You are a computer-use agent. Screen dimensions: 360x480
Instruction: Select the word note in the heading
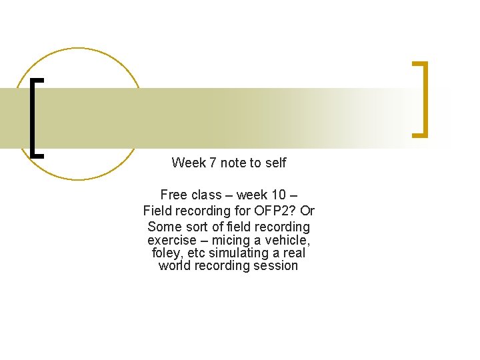(x=233, y=163)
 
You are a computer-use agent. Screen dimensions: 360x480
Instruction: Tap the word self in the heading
(x=275, y=163)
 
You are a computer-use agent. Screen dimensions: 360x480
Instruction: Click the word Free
(x=174, y=195)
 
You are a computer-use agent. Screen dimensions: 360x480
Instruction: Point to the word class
(x=205, y=195)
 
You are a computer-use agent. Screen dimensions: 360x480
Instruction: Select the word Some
(x=164, y=227)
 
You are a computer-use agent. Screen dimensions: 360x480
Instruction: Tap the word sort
(x=198, y=227)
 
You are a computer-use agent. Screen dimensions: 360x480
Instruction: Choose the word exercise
(x=172, y=240)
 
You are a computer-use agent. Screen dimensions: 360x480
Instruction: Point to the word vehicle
(x=287, y=240)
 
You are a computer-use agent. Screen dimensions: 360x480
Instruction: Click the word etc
(x=196, y=253)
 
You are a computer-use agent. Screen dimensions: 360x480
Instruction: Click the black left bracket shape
(x=33, y=117)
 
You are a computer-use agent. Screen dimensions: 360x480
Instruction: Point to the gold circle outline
(x=79, y=49)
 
